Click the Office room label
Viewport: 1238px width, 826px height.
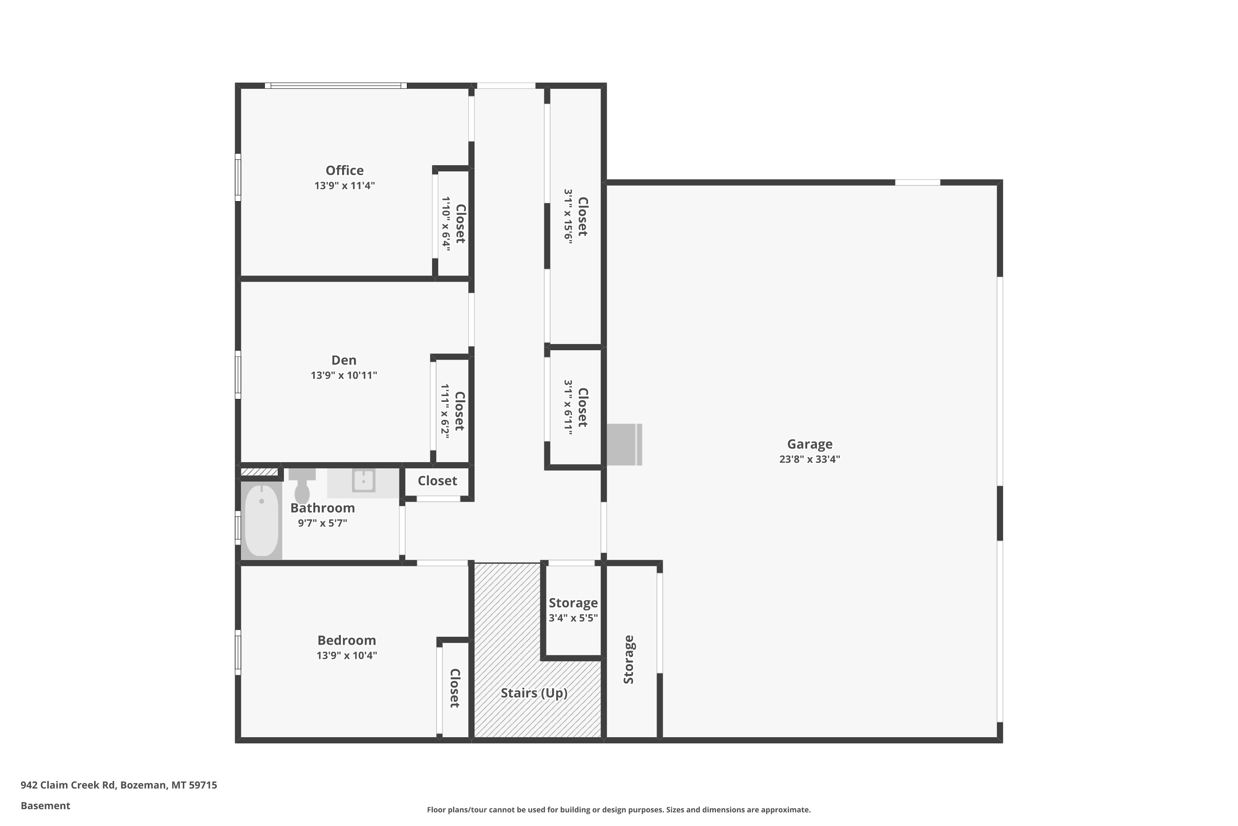344,170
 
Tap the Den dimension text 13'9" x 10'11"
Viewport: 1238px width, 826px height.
344,375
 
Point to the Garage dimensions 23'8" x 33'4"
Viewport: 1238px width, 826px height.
810,459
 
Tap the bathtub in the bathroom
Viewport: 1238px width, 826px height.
262,520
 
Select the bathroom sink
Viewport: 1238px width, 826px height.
363,480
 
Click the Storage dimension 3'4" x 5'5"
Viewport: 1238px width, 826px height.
573,617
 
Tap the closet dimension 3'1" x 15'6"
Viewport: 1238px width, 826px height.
568,215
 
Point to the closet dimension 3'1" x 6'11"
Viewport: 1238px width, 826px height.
568,407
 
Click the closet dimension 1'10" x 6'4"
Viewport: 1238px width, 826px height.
446,223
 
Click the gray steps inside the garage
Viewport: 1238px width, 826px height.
624,445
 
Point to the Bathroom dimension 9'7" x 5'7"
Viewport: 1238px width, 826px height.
322,523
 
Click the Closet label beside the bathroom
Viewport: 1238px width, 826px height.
437,481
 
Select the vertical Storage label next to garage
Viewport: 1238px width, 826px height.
628,660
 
